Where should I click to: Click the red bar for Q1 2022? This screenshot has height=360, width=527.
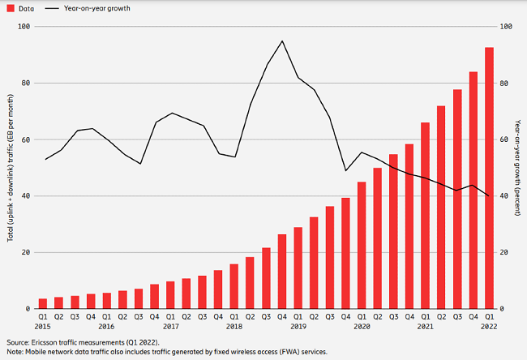pyautogui.click(x=489, y=178)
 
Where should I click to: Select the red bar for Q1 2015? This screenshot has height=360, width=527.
pyautogui.click(x=43, y=304)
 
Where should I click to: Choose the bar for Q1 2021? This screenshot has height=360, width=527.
pyautogui.click(x=425, y=216)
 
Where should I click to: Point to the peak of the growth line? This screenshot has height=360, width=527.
pyautogui.click(x=282, y=41)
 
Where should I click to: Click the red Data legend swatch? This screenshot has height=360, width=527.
pyautogui.click(x=10, y=8)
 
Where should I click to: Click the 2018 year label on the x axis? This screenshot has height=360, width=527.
pyautogui.click(x=235, y=326)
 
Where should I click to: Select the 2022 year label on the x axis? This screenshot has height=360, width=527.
pyautogui.click(x=489, y=326)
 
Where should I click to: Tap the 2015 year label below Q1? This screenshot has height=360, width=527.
pyautogui.click(x=43, y=326)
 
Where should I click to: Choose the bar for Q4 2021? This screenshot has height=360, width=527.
pyautogui.click(x=473, y=191)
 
